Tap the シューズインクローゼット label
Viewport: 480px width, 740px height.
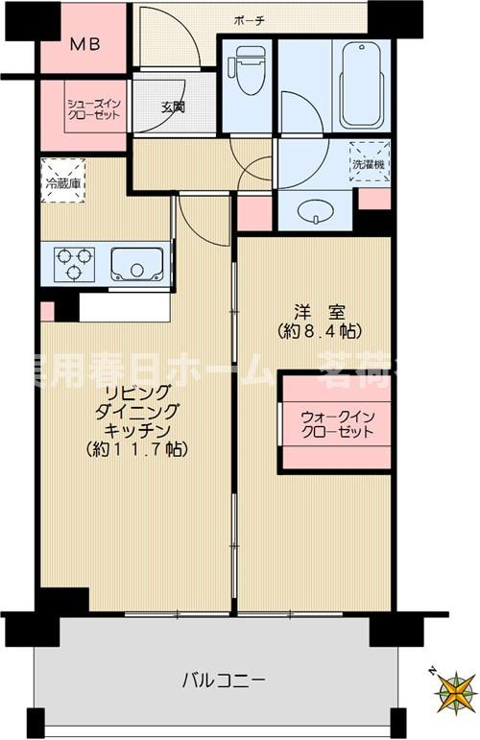93,107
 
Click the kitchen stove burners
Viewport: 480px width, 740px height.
74,262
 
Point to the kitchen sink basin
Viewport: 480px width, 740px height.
134,262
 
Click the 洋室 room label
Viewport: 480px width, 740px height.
313,311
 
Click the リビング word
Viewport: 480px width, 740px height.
140,392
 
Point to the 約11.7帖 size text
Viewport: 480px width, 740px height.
135,449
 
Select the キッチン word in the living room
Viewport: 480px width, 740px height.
140,430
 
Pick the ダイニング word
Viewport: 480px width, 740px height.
140,411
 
